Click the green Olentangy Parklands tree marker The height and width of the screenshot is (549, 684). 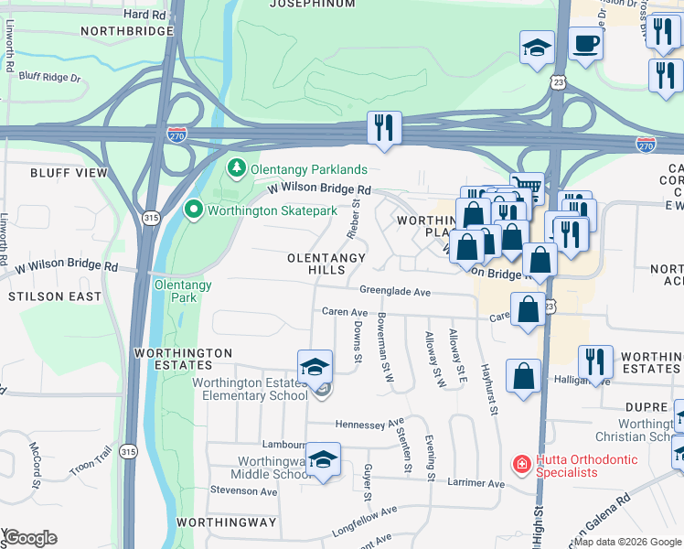(x=237, y=169)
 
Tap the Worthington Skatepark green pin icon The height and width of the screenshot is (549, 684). (x=193, y=210)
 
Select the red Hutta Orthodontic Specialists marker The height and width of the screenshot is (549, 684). (x=521, y=465)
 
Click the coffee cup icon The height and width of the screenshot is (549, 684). (x=585, y=42)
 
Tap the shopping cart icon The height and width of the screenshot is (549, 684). (x=526, y=188)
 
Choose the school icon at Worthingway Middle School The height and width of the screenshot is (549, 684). (x=323, y=458)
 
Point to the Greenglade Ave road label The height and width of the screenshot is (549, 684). (x=394, y=291)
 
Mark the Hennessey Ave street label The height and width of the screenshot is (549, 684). (x=369, y=424)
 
